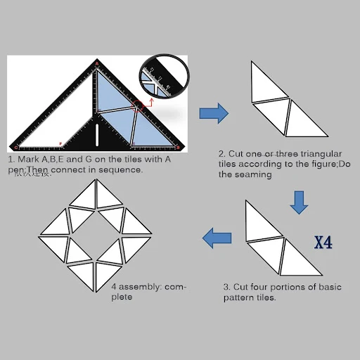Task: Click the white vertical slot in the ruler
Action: point(96,134)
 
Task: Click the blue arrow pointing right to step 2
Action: point(214,112)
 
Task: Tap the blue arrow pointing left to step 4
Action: point(217,238)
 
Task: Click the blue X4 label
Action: point(323,243)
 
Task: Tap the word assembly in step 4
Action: point(141,287)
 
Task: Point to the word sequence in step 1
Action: point(122,169)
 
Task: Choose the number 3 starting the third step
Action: point(226,288)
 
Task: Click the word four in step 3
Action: point(266,288)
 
